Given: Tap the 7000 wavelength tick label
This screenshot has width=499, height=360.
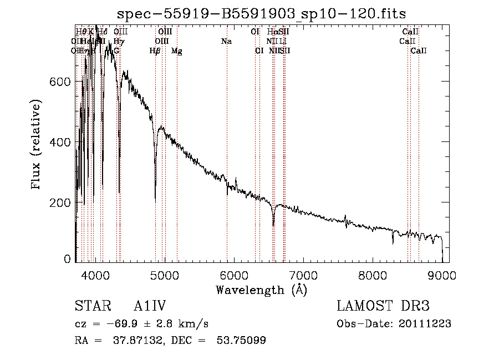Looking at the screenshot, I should click(303, 275).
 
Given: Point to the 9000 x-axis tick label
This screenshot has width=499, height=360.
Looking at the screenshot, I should click(442, 275).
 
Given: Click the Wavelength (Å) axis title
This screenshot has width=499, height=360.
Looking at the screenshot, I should click(262, 290).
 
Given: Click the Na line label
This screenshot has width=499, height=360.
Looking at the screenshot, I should click(226, 42).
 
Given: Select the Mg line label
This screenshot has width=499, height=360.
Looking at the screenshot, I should click(177, 51).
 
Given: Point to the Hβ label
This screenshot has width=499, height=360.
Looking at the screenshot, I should click(155, 51).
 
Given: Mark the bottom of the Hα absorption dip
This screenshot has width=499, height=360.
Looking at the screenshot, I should click(273, 225).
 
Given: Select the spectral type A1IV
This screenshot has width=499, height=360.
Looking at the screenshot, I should click(150, 307).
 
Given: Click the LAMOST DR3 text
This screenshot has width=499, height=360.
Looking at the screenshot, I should click(383, 307).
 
